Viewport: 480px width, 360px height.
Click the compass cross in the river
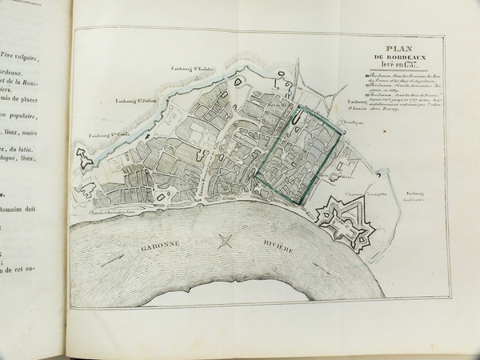226,238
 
